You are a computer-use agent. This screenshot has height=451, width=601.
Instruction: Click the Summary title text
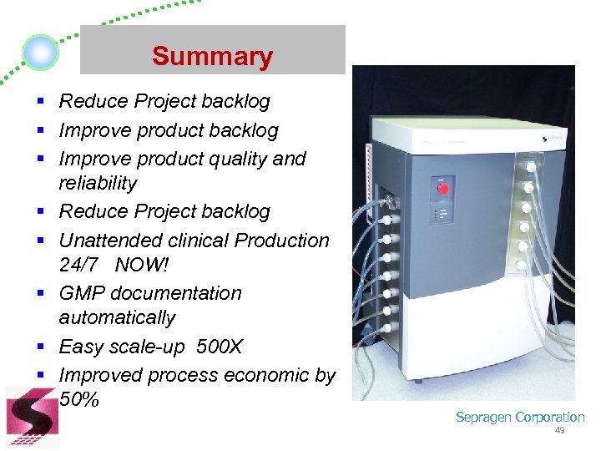pyautogui.click(x=212, y=57)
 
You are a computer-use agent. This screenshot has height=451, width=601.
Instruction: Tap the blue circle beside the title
pyautogui.click(x=40, y=53)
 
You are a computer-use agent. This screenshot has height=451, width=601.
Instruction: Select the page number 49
pyautogui.click(x=559, y=430)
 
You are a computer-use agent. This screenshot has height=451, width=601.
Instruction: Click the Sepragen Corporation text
pyautogui.click(x=519, y=417)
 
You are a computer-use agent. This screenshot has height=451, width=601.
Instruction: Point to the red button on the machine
pyautogui.click(x=442, y=188)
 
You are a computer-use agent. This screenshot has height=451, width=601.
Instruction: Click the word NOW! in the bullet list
pyautogui.click(x=142, y=264)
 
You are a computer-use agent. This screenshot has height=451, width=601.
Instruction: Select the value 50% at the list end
pyautogui.click(x=79, y=399)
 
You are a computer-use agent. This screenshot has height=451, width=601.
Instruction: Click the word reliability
pyautogui.click(x=98, y=183)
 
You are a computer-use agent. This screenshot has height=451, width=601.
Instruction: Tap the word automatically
pyautogui.click(x=117, y=318)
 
